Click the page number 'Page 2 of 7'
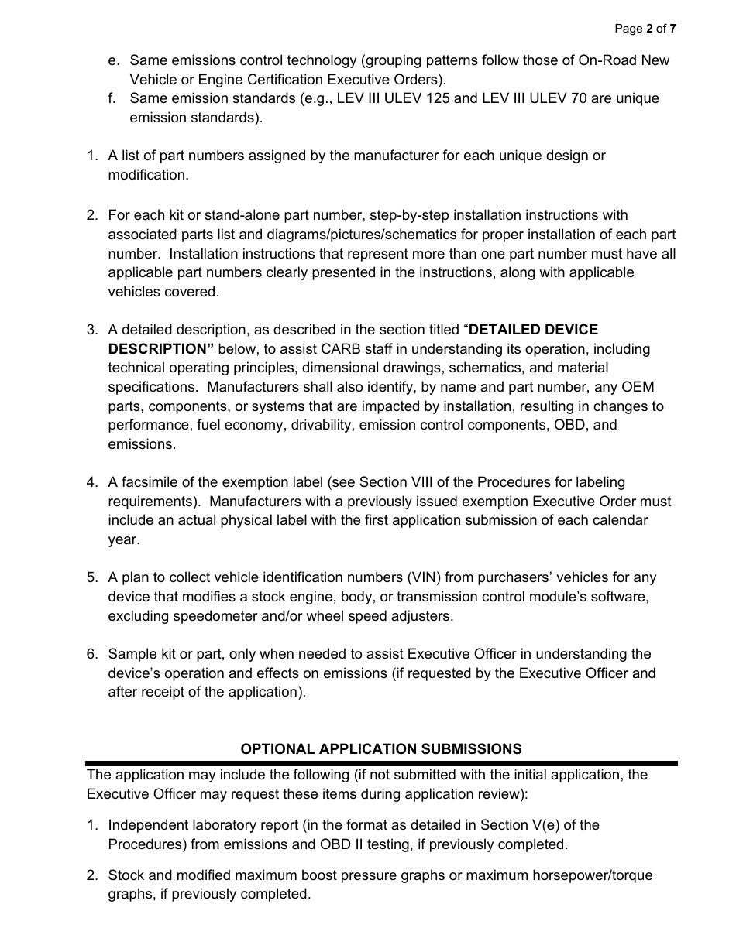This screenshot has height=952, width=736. (x=645, y=29)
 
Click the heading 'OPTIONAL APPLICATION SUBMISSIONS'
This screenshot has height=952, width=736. (x=381, y=748)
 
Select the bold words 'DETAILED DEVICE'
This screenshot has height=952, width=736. (x=534, y=330)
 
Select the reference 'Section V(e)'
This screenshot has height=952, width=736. (x=518, y=825)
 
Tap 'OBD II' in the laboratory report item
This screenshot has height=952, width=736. (x=339, y=844)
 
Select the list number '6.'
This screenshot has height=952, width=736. (x=92, y=654)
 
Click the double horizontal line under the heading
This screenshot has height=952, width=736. (x=381, y=763)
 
